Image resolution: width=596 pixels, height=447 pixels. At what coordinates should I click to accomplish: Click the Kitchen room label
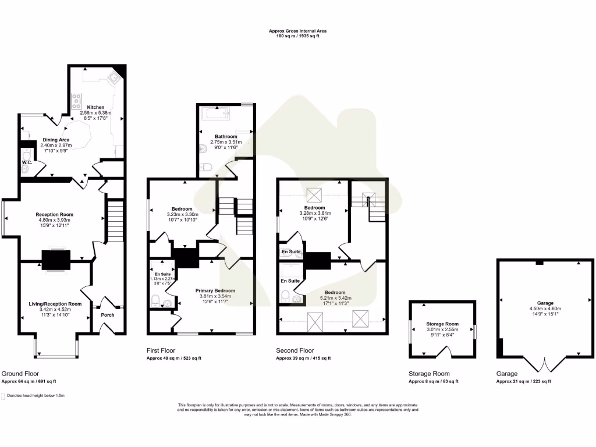click(x=96, y=108)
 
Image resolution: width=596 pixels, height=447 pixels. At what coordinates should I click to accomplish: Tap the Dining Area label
click(x=56, y=140)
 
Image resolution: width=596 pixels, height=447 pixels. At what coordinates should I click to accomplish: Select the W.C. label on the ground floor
click(x=27, y=162)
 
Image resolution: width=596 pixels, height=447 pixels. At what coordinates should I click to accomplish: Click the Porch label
click(x=108, y=315)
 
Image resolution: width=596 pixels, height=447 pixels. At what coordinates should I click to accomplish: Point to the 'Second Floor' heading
click(x=295, y=351)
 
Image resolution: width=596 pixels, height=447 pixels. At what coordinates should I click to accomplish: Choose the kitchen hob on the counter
click(x=76, y=102)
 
